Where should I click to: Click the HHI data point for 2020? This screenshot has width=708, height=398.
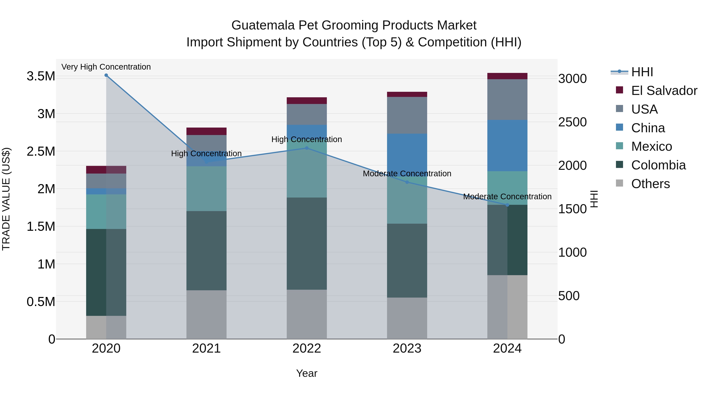click(x=106, y=75)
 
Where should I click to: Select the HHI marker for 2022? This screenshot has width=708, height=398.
click(x=307, y=148)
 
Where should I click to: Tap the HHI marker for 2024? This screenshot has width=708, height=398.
click(x=507, y=205)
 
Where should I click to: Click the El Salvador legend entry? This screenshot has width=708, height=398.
click(x=664, y=91)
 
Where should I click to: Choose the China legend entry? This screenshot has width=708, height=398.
click(x=648, y=128)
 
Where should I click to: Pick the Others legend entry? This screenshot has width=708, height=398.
click(x=650, y=184)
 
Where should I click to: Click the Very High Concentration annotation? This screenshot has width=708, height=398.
click(x=106, y=67)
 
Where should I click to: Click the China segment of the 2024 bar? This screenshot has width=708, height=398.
click(x=507, y=146)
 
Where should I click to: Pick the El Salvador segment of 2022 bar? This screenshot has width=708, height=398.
click(x=307, y=100)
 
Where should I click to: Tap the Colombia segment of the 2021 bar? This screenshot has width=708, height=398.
click(x=206, y=251)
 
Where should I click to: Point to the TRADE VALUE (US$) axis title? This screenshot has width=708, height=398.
click(x=6, y=199)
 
